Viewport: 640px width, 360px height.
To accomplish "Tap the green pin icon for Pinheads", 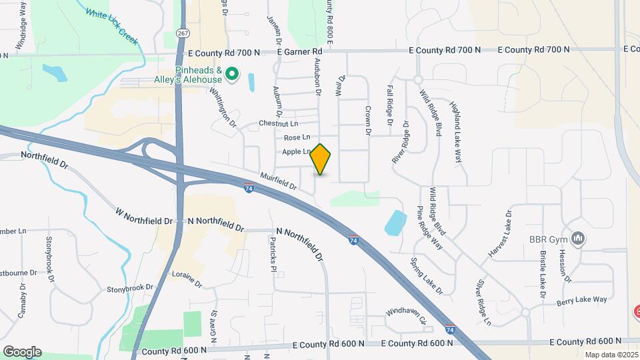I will pyautogui.click(x=232, y=73).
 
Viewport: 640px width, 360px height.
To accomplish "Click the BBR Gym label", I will pyautogui.click(x=547, y=239).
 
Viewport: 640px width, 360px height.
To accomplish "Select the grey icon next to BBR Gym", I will pyautogui.click(x=578, y=238).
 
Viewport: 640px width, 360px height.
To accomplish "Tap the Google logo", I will pyautogui.click(x=22, y=352).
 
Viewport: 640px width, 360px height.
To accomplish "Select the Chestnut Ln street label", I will pyautogui.click(x=278, y=123).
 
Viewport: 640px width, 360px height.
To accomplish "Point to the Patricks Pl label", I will pyautogui.click(x=273, y=255).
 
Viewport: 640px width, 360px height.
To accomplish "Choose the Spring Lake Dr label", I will pyautogui.click(x=426, y=275).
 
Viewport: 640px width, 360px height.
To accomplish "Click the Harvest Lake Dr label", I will pyautogui.click(x=500, y=234).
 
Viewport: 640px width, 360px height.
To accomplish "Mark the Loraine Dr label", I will pyautogui.click(x=187, y=279).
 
